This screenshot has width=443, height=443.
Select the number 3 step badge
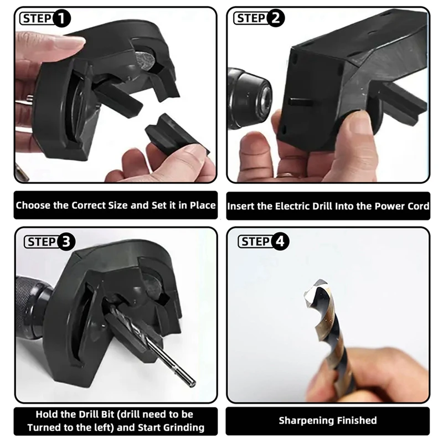pos(66,241)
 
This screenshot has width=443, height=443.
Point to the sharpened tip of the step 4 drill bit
pos(308,297)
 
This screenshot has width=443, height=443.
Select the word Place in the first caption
pos(201,205)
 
